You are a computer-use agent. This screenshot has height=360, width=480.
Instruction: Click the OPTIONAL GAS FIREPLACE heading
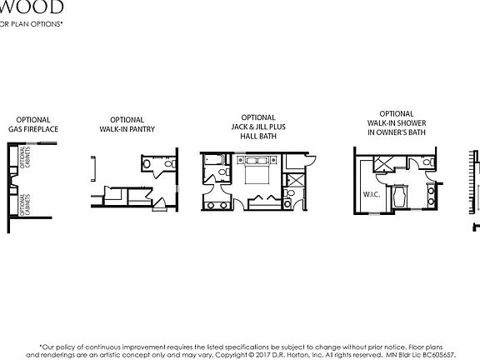(33, 124)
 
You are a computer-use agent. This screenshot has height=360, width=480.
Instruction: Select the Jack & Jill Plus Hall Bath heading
(258, 126)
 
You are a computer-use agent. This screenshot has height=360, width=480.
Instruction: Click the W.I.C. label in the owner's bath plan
(371, 196)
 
